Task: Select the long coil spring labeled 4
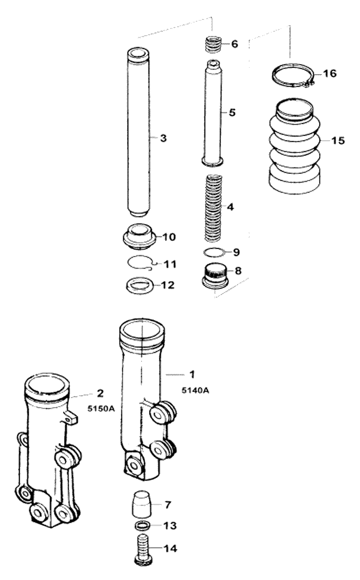[x=213, y=208]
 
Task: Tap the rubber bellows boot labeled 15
[x=294, y=146]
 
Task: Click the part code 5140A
[x=195, y=391]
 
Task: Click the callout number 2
[x=100, y=393]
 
